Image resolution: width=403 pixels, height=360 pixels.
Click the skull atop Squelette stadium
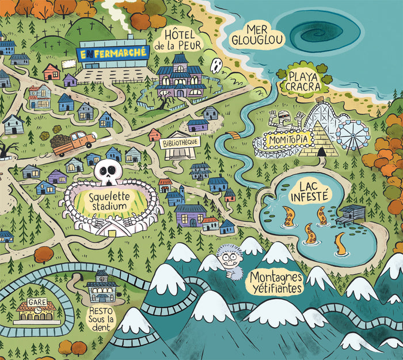click(x=107, y=171)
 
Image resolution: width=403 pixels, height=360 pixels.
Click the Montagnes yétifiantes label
click(x=276, y=282)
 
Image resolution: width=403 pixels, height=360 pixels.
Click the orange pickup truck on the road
click(x=75, y=143)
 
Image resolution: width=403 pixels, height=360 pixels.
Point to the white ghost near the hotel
click(x=218, y=66)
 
